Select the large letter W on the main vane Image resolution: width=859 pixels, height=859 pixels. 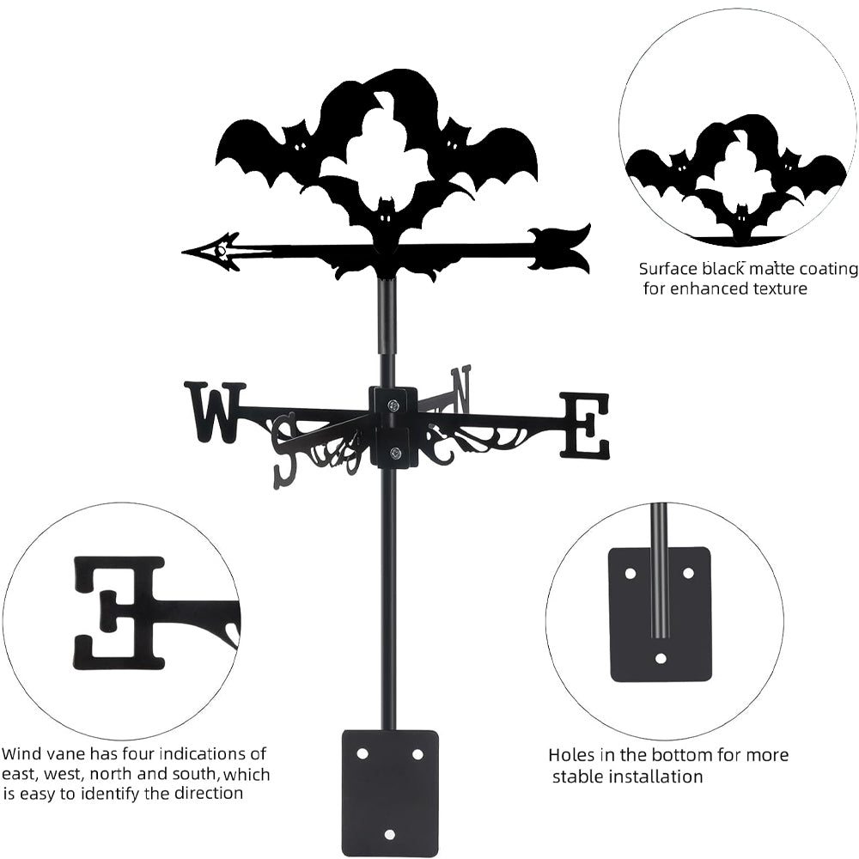point(215,411)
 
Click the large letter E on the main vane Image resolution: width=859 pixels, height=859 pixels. point(585,424)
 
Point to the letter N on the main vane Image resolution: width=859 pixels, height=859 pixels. point(460,387)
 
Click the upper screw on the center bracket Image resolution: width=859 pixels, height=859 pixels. point(393,405)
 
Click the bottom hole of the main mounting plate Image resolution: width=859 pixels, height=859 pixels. point(389,833)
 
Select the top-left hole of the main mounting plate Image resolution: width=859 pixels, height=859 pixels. point(362,753)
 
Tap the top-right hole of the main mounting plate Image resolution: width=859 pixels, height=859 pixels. point(417,753)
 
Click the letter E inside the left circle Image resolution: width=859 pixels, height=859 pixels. point(119,612)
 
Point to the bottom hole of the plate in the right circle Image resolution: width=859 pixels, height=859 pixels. point(661,659)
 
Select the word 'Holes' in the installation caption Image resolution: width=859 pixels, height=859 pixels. point(575,756)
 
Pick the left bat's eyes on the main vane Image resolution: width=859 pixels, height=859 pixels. point(299,145)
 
